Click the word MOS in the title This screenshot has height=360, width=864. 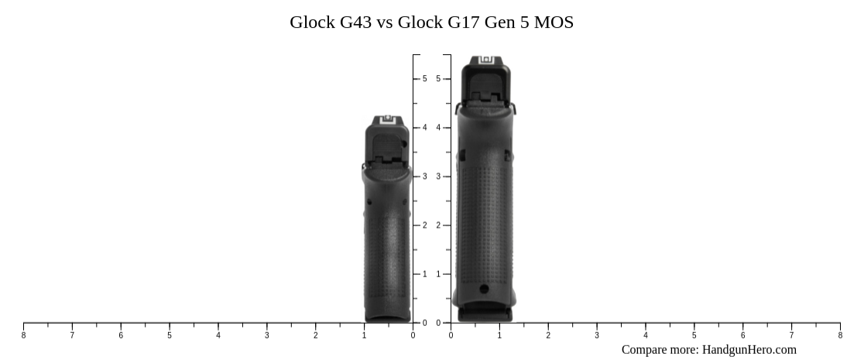tap(555, 22)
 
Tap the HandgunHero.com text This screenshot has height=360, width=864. tap(749, 349)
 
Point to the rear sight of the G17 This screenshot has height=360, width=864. tap(486, 60)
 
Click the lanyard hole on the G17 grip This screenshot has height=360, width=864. tap(485, 289)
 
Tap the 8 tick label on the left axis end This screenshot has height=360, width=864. tap(23, 335)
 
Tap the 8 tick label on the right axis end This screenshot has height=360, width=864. tap(840, 335)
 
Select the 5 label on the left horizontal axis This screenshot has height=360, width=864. tap(170, 335)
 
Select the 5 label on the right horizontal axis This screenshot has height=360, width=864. tap(694, 335)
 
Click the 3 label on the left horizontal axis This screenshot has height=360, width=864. tap(267, 335)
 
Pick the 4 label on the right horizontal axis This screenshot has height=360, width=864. tap(646, 335)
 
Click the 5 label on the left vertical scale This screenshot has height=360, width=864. tap(424, 79)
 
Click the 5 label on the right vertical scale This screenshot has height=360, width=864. tap(438, 79)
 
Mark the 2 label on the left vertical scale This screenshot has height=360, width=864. tap(424, 225)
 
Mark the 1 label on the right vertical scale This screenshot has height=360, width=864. tap(438, 274)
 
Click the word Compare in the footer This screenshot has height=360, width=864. tap(645, 349)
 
